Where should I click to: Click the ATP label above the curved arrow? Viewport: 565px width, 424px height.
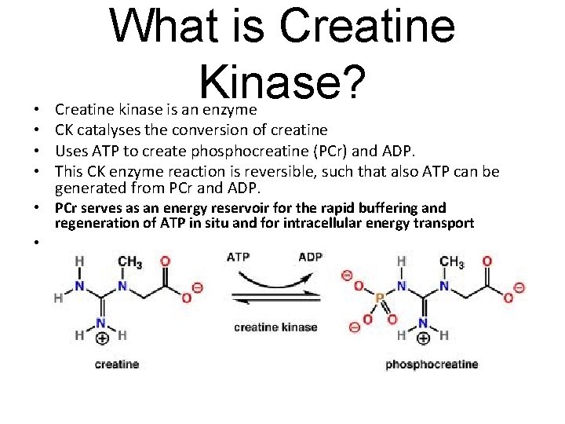click(239, 257)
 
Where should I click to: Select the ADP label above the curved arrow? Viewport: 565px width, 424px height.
click(311, 257)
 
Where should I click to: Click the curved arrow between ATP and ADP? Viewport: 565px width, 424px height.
click(275, 274)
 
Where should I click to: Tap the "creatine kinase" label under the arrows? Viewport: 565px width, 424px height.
click(275, 327)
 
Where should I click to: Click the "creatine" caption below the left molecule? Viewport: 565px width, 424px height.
click(117, 364)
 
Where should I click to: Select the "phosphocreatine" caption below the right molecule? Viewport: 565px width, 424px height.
click(432, 364)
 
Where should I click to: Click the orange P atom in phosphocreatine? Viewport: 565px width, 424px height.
click(379, 299)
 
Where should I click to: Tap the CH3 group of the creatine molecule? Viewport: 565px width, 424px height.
click(129, 262)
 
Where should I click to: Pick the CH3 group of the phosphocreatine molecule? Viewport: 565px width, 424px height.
click(451, 262)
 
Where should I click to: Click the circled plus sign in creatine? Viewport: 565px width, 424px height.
click(101, 339)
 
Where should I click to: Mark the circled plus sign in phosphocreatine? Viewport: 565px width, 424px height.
click(423, 339)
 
